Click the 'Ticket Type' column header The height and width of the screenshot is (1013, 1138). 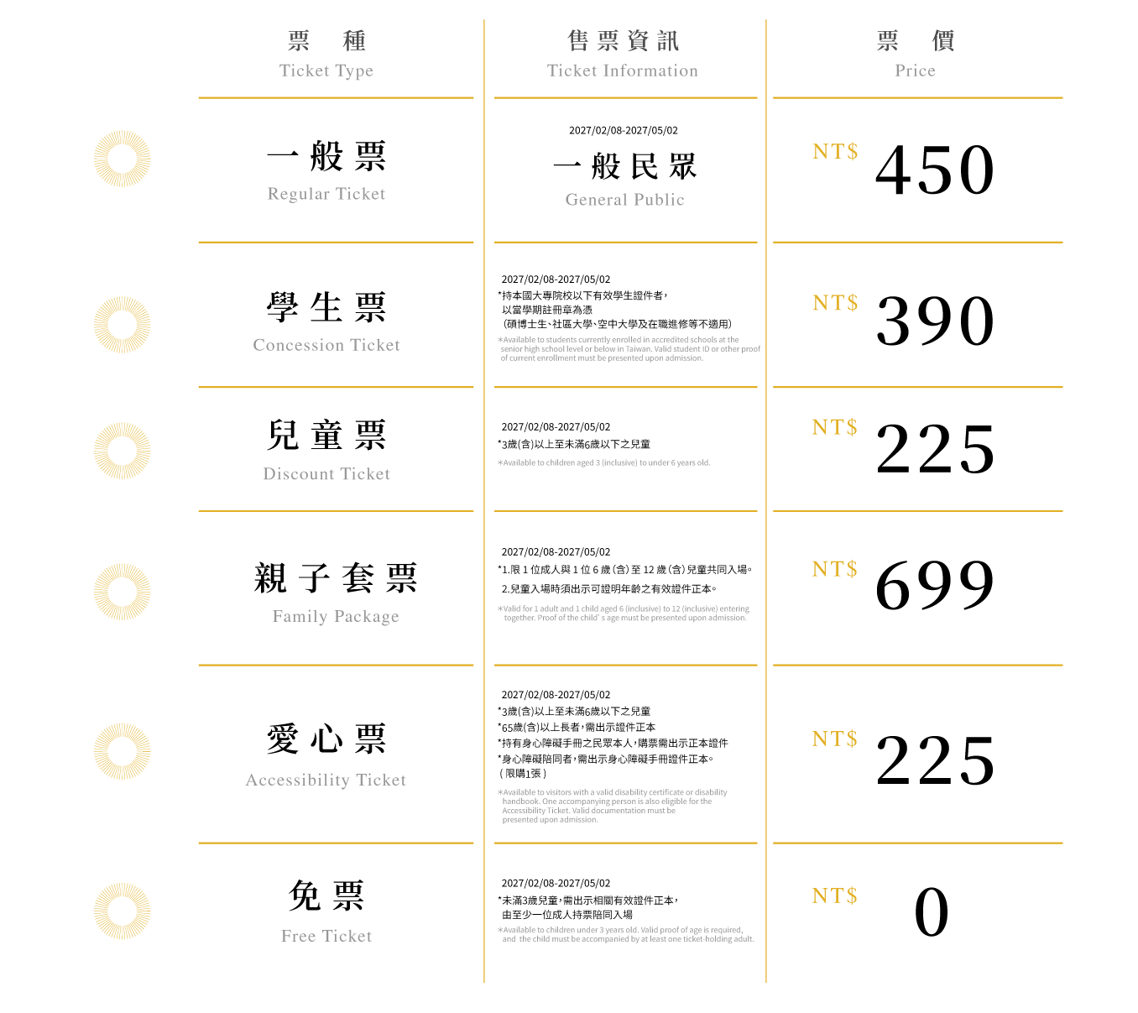click(x=326, y=70)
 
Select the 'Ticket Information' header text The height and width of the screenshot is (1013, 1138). click(x=623, y=70)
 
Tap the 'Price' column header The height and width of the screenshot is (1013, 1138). click(x=915, y=70)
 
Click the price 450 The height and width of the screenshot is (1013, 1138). click(x=935, y=170)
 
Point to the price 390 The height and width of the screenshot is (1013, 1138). click(x=935, y=321)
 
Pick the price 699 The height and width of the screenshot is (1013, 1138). click(x=935, y=585)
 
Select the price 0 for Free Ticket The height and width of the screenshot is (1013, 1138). click(x=932, y=911)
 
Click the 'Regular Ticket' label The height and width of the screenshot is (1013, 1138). click(x=326, y=193)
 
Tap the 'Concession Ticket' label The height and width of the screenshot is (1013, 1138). click(x=326, y=344)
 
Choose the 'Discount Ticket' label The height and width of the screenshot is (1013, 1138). click(x=326, y=473)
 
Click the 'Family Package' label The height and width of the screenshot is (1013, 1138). click(x=336, y=616)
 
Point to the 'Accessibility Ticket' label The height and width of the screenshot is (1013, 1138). click(x=326, y=780)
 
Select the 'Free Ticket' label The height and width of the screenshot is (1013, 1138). click(x=326, y=936)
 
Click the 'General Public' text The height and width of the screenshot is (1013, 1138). click(x=624, y=200)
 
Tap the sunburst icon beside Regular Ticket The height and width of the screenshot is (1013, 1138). click(x=122, y=159)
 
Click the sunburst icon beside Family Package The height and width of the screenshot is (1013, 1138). click(x=122, y=592)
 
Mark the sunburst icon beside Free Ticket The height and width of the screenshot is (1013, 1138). click(x=122, y=911)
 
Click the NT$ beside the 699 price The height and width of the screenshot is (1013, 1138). click(x=835, y=569)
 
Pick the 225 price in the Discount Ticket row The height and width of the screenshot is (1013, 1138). click(x=935, y=448)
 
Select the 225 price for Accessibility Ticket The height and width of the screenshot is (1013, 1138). click(x=935, y=760)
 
